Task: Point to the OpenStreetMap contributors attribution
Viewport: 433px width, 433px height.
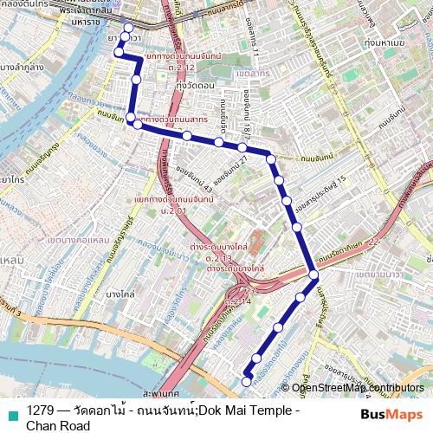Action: click(x=359, y=388)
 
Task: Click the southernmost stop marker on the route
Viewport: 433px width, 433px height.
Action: click(x=246, y=381)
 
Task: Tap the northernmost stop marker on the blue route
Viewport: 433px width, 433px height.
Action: click(x=129, y=28)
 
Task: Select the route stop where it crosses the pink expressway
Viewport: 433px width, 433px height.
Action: click(x=313, y=275)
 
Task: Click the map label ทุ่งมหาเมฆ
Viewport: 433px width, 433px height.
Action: click(x=386, y=42)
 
